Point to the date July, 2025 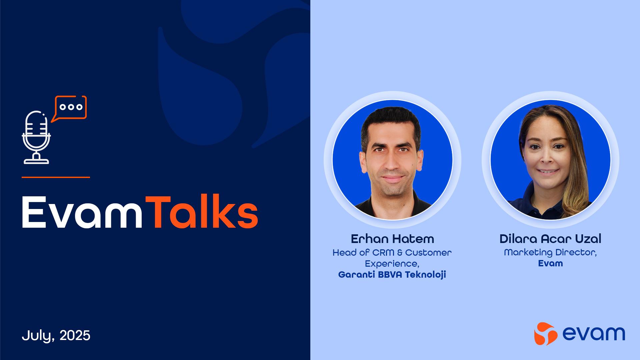pos(56,335)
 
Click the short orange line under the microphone pos(56,177)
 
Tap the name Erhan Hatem pos(392,239)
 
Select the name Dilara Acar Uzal pos(550,239)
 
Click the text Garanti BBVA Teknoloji pos(392,275)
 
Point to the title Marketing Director pos(550,253)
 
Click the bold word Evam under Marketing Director pos(550,263)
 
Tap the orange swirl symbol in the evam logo pos(546,334)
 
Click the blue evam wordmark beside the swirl pos(594,334)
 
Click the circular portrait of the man pos(392,160)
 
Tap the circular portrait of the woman pos(550,160)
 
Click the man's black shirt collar pos(392,205)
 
